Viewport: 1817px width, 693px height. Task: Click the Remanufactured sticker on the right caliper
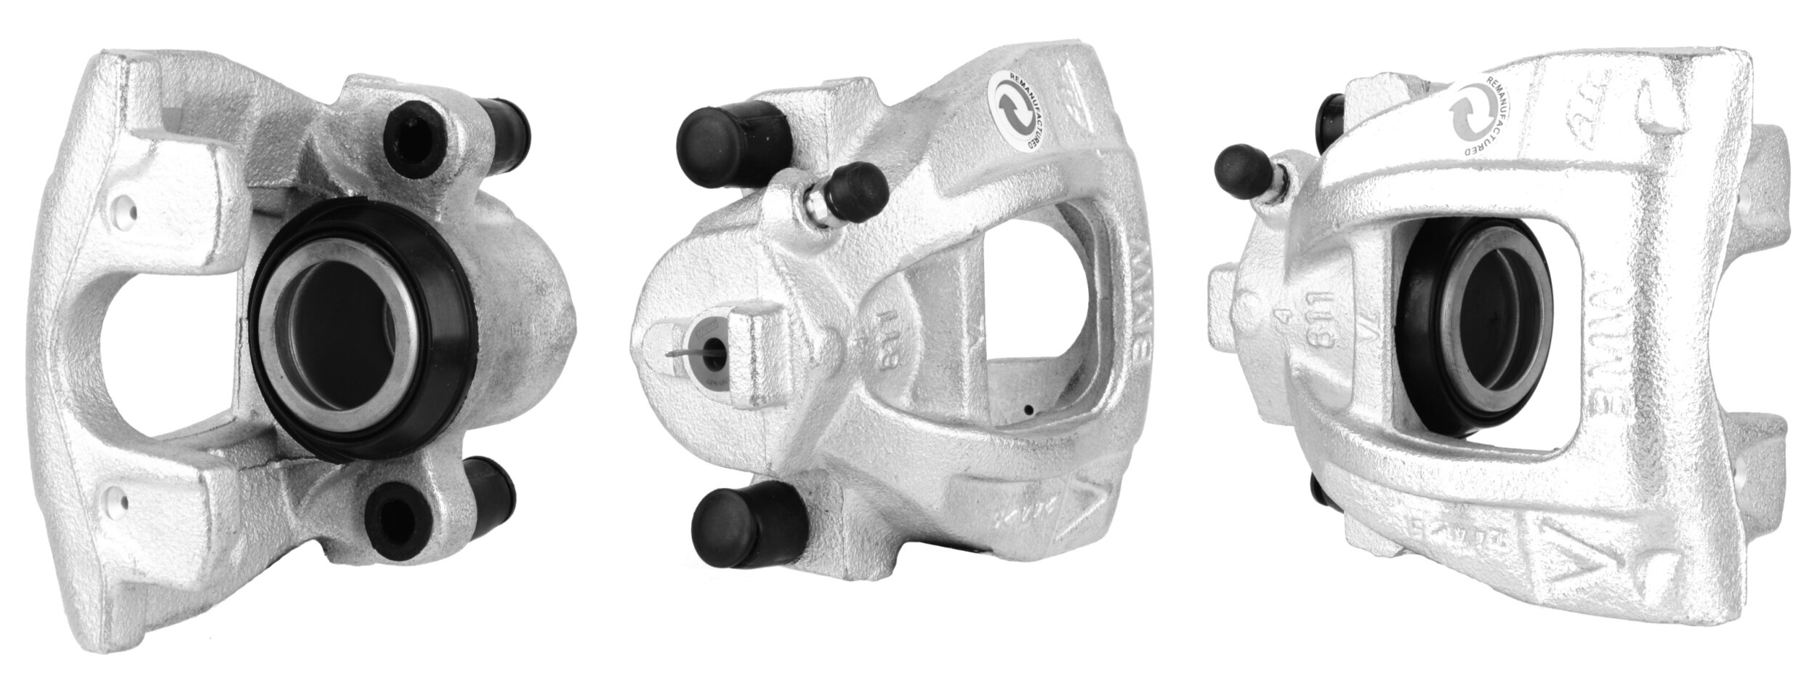click(1483, 120)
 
